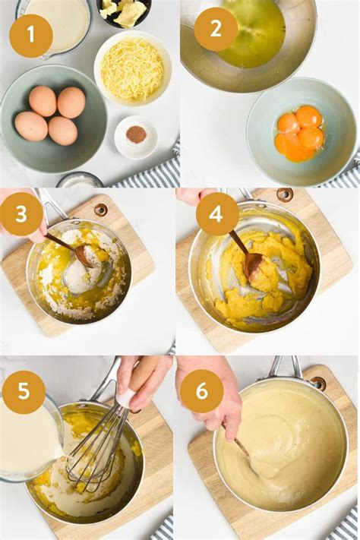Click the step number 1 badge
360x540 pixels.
coord(31,35)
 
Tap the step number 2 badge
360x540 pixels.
coord(216,29)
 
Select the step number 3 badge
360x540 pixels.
coord(21,214)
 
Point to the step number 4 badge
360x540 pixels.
coord(217,214)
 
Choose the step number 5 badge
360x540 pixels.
coord(24,392)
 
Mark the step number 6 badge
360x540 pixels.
coord(201,391)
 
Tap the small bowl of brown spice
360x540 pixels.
coord(135,136)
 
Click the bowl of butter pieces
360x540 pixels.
coord(124,11)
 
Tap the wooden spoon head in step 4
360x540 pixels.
coord(253,264)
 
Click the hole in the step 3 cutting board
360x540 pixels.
coord(100,210)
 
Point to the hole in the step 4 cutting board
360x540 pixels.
coord(285,194)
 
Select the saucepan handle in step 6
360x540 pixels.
coord(284,368)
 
